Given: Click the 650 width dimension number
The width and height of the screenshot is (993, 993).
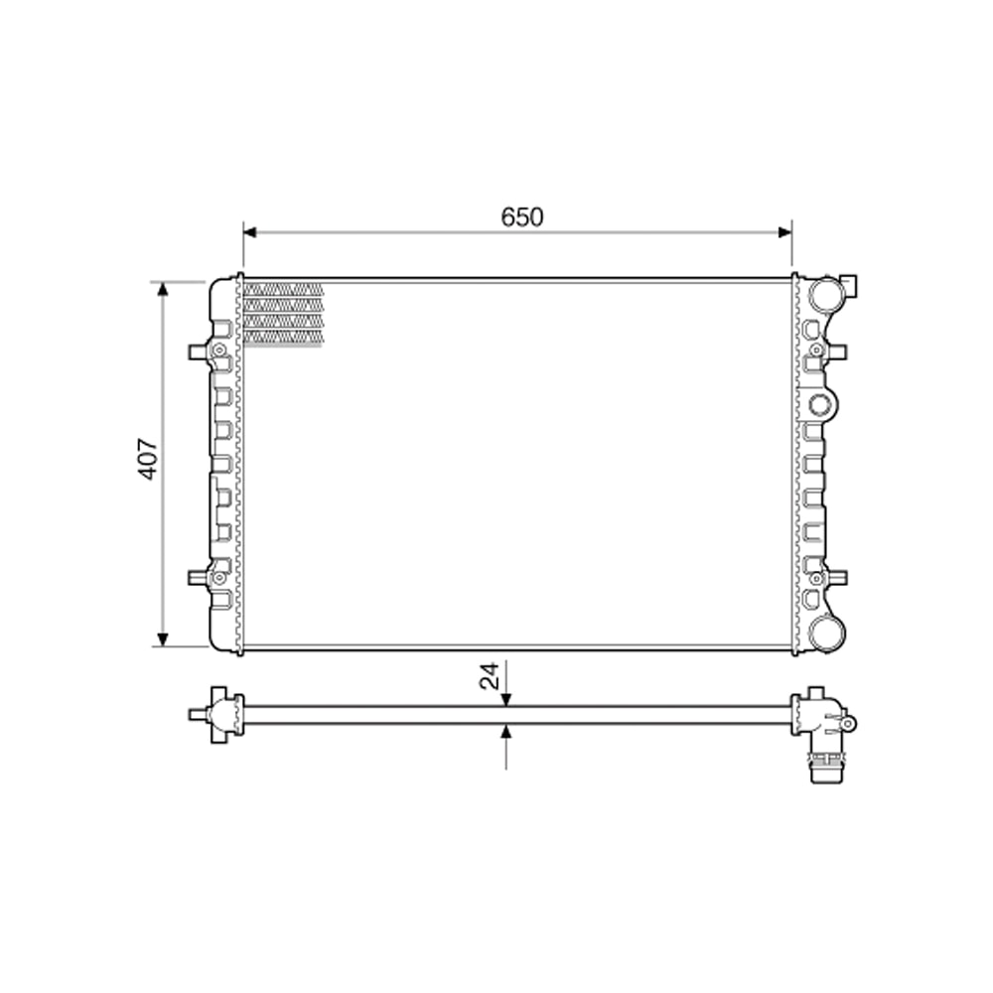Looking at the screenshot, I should coord(522,217).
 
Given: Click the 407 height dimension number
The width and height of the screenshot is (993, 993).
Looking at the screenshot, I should coord(148,459).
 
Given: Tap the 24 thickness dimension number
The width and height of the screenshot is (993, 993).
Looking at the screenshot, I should coord(490,677).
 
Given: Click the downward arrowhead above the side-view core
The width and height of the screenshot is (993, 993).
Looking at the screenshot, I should coord(506,699).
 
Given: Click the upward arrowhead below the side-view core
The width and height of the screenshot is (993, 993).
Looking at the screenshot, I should coord(506,731).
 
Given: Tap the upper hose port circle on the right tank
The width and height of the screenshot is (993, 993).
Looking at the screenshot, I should coord(823,295).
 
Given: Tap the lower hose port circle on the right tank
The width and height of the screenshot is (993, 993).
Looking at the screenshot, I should coord(823,632).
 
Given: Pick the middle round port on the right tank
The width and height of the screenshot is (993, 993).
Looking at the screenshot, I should coord(819,404).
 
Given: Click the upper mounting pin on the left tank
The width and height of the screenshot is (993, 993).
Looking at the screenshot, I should coord(196,352).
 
